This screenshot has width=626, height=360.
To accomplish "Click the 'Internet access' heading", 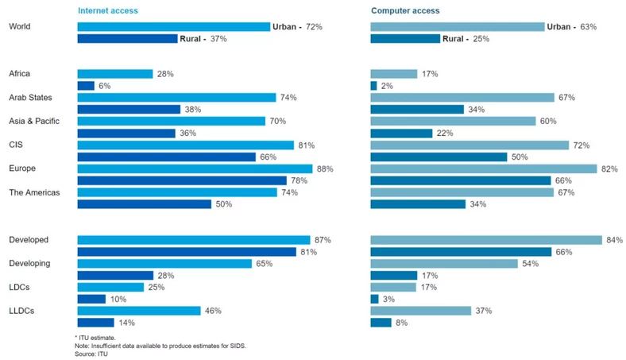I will point(107,11).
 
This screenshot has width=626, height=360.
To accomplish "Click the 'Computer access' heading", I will point(404,11).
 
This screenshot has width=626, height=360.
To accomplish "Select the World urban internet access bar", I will point(173,27).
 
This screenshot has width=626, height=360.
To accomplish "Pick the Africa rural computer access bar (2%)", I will point(374,86).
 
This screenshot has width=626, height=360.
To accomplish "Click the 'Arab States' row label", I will point(30,98).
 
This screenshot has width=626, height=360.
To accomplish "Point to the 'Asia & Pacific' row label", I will point(35,122).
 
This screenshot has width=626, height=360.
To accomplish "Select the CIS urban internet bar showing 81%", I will point(185,145).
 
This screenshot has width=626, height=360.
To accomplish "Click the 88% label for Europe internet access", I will point(324,168).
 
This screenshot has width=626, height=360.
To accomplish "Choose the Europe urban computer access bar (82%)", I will point(484,168).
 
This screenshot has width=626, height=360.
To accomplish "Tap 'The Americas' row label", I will point(34,192).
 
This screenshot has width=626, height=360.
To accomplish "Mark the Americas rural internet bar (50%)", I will point(144,204).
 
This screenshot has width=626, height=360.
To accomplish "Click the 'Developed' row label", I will point(29,240).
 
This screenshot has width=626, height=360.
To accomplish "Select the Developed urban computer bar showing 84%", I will point(486,240).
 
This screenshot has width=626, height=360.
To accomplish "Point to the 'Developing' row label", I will point(29,263).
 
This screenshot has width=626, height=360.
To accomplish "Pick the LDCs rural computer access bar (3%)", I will point(375,299).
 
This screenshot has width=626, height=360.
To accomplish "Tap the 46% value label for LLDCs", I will point(214,311).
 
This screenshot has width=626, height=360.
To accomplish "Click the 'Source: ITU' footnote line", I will point(91,354).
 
